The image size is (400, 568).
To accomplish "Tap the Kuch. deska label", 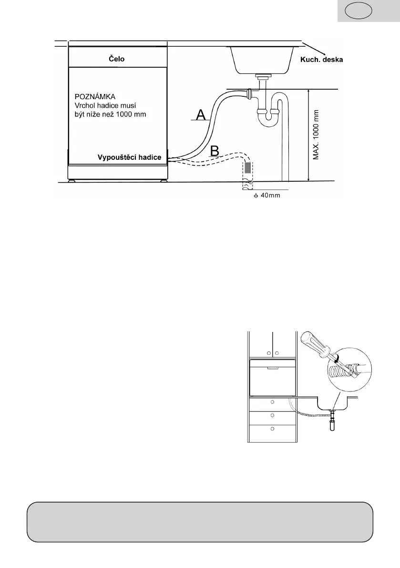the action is (321, 60).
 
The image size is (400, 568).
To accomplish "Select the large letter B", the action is (215, 150).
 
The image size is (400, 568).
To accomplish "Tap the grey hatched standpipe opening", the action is (248, 168).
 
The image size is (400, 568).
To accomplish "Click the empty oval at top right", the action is (359, 10).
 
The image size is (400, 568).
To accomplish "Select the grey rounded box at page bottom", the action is (200, 522).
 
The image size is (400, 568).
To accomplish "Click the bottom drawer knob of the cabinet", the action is (272, 429).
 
